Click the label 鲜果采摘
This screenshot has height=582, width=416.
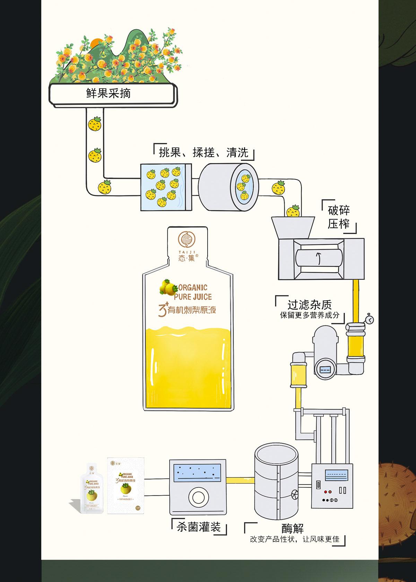[109, 93]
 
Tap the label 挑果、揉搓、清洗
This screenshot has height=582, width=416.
[203, 153]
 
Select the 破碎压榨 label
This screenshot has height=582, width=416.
[339, 217]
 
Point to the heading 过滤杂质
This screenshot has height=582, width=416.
[309, 305]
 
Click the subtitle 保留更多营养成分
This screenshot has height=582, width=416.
[310, 315]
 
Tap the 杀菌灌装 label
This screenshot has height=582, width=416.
[199, 527]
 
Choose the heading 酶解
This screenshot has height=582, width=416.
[293, 529]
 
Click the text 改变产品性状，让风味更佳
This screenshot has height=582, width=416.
[295, 539]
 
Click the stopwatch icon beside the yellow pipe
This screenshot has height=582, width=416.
[370, 319]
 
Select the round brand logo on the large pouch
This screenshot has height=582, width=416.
[187, 240]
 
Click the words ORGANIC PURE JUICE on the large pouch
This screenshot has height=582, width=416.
[193, 292]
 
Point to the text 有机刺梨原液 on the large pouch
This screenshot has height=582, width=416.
[192, 310]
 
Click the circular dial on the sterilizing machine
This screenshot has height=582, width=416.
[198, 497]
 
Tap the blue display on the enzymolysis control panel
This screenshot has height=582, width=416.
[336, 474]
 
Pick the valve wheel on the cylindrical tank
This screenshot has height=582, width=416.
[295, 494]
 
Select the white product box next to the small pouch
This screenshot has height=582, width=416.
[126, 486]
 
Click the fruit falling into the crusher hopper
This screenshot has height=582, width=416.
[293, 211]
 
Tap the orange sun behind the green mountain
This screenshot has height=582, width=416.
[96, 43]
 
